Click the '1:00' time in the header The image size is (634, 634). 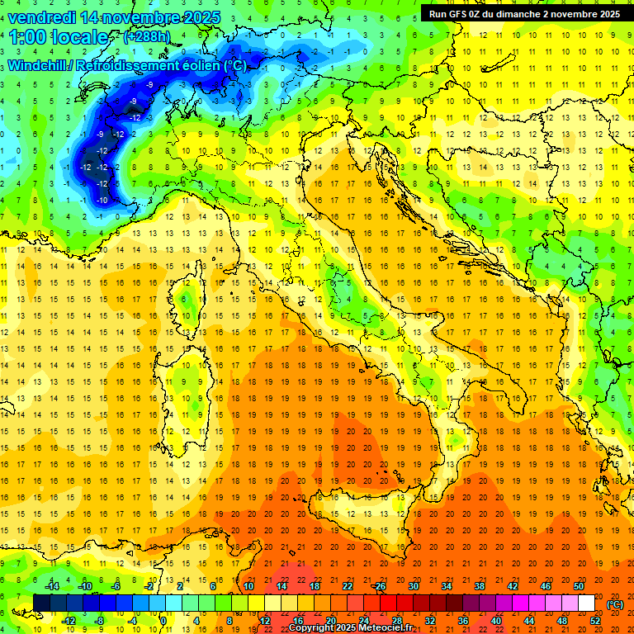click(x=27, y=38)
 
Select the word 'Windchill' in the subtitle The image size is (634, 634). click(x=37, y=65)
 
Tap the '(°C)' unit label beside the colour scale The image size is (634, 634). click(x=615, y=604)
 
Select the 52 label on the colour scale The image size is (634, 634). click(x=595, y=621)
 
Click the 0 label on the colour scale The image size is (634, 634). click(x=163, y=621)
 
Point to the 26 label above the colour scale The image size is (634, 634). click(x=379, y=586)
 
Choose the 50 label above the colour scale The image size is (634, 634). click(x=579, y=586)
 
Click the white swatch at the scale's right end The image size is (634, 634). click(x=586, y=603)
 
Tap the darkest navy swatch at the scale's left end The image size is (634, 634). click(x=41, y=603)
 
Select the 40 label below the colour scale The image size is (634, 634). click(x=495, y=621)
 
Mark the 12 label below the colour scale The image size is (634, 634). click(x=265, y=621)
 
